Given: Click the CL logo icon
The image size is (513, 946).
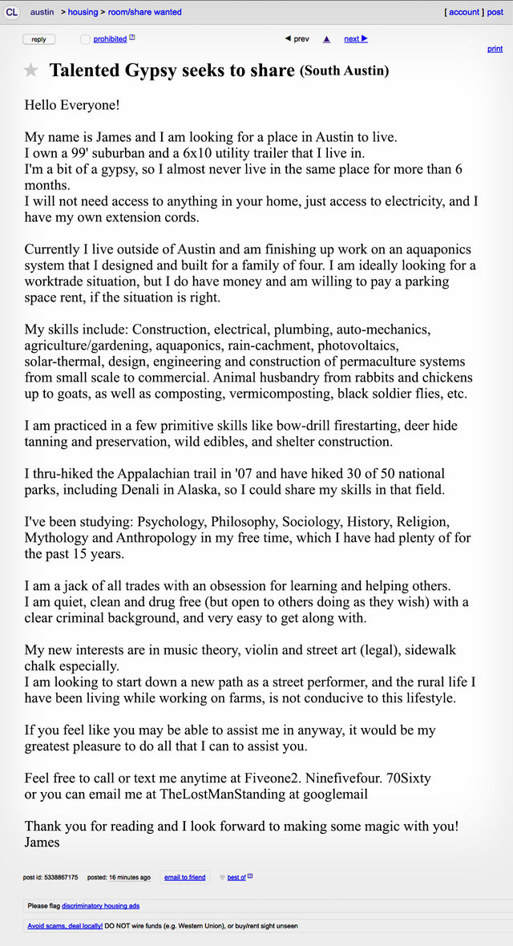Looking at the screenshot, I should (x=12, y=12).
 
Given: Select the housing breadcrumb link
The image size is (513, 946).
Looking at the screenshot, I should (x=83, y=12).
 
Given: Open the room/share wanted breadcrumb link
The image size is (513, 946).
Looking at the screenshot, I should (x=144, y=12).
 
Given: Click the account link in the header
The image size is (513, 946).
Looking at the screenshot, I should (x=464, y=12).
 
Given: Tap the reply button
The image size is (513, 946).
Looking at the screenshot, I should (x=38, y=39).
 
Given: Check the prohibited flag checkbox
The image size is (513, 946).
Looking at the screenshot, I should (x=86, y=39).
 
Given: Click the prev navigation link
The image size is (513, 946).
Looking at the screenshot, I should (x=297, y=38).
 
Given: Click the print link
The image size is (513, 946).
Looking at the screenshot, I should (x=495, y=49).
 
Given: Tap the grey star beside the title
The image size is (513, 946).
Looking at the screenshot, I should (x=31, y=71).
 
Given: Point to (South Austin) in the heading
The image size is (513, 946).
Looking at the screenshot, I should (x=345, y=71).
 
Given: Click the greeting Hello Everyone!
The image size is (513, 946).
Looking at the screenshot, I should (x=72, y=105).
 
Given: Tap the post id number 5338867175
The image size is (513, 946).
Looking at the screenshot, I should (x=61, y=877).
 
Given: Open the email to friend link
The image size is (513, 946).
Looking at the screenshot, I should (x=184, y=877).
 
